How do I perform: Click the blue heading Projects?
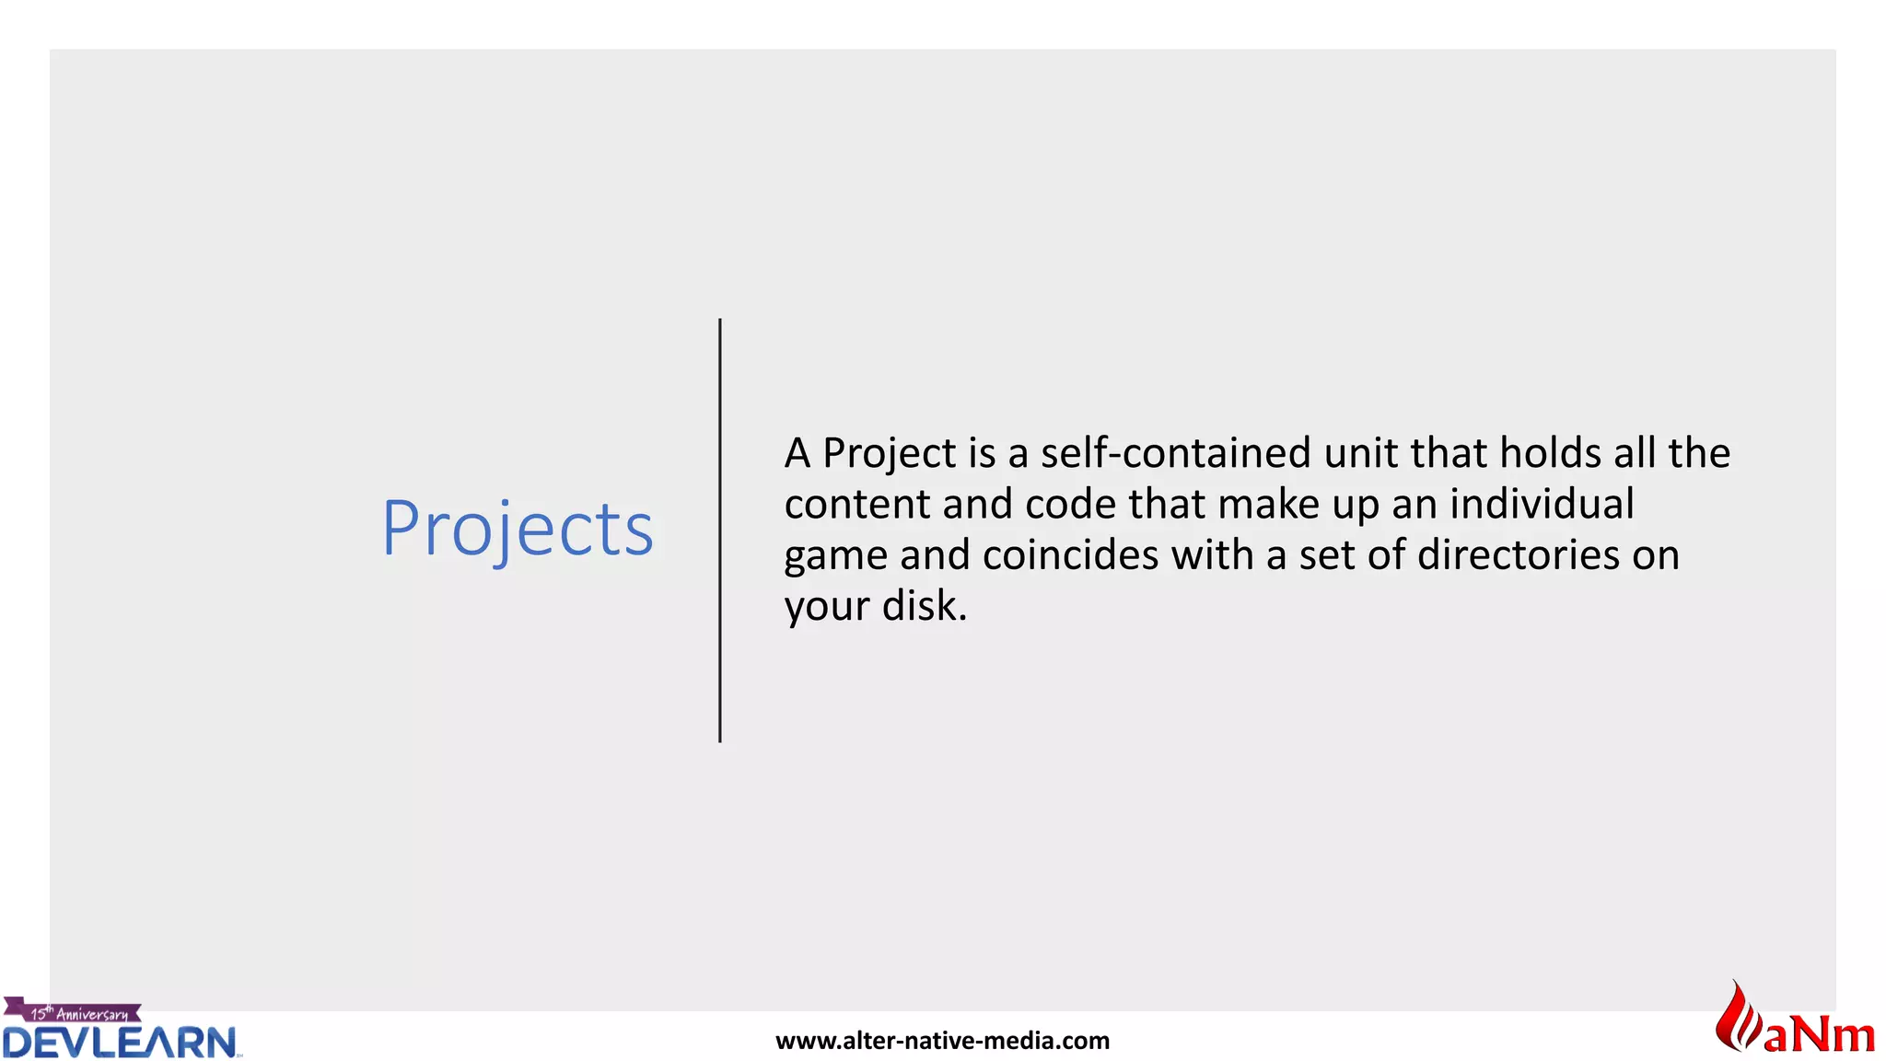click(518, 529)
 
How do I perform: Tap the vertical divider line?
click(720, 530)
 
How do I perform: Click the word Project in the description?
click(889, 454)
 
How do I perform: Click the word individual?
click(1542, 505)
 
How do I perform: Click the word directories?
click(1518, 555)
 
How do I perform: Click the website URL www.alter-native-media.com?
click(942, 1041)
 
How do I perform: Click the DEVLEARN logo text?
click(120, 1043)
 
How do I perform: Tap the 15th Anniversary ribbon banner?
click(74, 1012)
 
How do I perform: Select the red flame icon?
click(1736, 1018)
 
